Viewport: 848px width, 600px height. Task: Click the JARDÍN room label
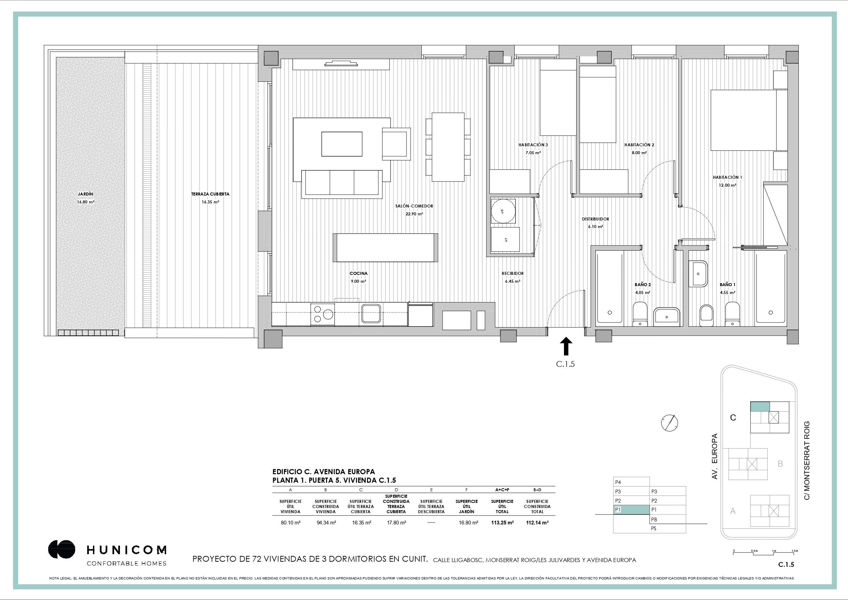pyautogui.click(x=85, y=194)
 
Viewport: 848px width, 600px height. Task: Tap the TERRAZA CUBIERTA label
pyautogui.click(x=210, y=194)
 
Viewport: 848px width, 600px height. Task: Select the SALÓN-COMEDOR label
pyautogui.click(x=414, y=206)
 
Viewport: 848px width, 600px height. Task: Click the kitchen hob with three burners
pyautogui.click(x=323, y=314)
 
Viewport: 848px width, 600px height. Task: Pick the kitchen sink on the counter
pyautogui.click(x=372, y=313)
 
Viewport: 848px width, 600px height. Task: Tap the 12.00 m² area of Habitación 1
pyautogui.click(x=727, y=185)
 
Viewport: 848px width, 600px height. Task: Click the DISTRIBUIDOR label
pyautogui.click(x=595, y=219)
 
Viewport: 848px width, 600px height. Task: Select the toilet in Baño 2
pyautogui.click(x=640, y=315)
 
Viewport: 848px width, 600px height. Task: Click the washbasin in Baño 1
pyautogui.click(x=698, y=274)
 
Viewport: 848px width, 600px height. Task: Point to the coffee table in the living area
pyautogui.click(x=342, y=144)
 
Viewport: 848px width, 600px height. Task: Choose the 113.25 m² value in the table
pyautogui.click(x=502, y=523)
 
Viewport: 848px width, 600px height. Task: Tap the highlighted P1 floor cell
pyautogui.click(x=631, y=510)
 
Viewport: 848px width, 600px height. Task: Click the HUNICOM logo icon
pyautogui.click(x=62, y=549)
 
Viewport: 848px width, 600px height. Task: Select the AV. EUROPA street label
pyautogui.click(x=714, y=456)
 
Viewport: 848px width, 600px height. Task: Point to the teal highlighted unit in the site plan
pyautogui.click(x=760, y=406)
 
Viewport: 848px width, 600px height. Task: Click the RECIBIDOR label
pyautogui.click(x=513, y=274)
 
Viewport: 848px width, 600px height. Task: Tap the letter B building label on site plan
pyautogui.click(x=780, y=464)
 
